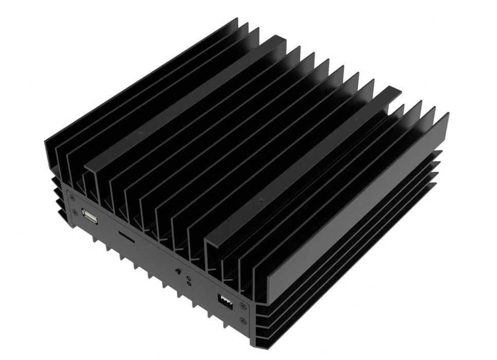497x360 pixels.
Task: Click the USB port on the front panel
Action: [x=90, y=217]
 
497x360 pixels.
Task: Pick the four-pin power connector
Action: [x=225, y=301]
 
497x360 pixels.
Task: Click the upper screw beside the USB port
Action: [x=72, y=198]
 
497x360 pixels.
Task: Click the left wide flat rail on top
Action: [x=185, y=103]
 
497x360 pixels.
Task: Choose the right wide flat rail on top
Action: [x=304, y=170]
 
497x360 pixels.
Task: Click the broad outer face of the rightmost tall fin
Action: [x=355, y=221]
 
